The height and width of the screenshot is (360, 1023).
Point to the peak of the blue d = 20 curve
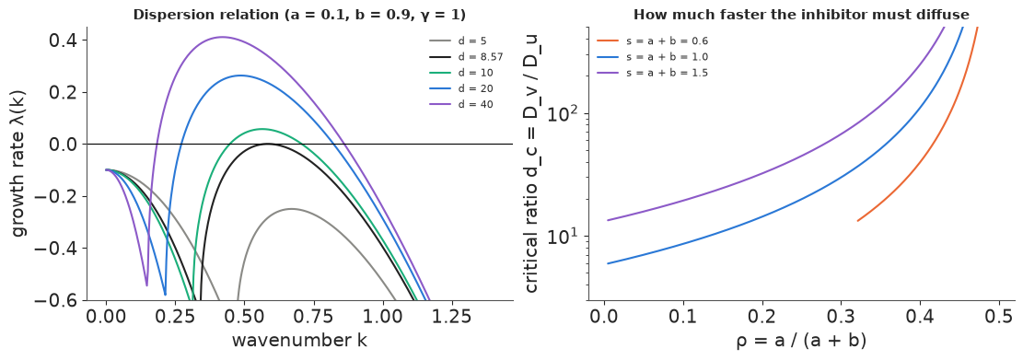(240, 75)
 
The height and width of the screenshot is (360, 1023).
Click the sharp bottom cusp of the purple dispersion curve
(146, 285)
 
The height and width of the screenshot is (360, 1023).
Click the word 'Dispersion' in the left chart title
(162, 15)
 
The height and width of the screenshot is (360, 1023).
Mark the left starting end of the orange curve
(857, 220)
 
